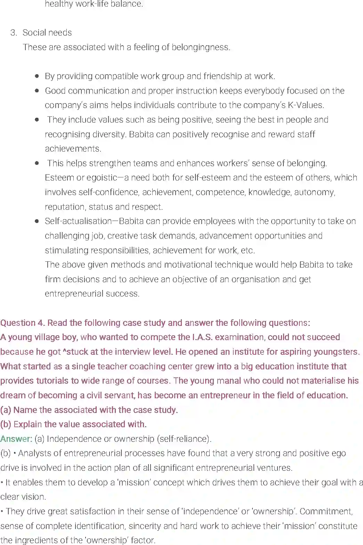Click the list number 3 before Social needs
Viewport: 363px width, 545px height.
13,33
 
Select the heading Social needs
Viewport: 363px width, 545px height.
47,33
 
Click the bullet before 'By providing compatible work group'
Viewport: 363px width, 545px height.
37,76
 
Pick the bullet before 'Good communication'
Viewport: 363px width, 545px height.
37,91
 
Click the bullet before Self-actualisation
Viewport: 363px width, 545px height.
37,221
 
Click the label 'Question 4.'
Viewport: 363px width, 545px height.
23,323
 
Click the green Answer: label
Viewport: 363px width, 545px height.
16,439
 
